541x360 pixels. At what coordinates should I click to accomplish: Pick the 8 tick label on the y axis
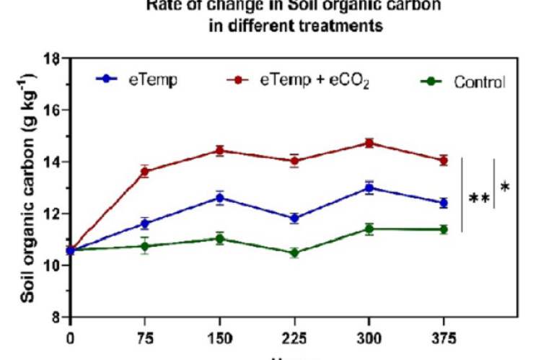56,317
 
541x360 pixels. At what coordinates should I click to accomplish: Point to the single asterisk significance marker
505,188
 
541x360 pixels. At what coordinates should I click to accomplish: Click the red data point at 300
369,143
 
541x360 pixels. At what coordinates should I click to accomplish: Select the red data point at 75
145,171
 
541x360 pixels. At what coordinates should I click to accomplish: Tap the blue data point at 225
294,218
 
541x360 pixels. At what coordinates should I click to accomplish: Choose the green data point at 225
294,253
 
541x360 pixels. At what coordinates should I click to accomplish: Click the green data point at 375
444,229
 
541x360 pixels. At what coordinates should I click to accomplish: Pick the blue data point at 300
369,188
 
